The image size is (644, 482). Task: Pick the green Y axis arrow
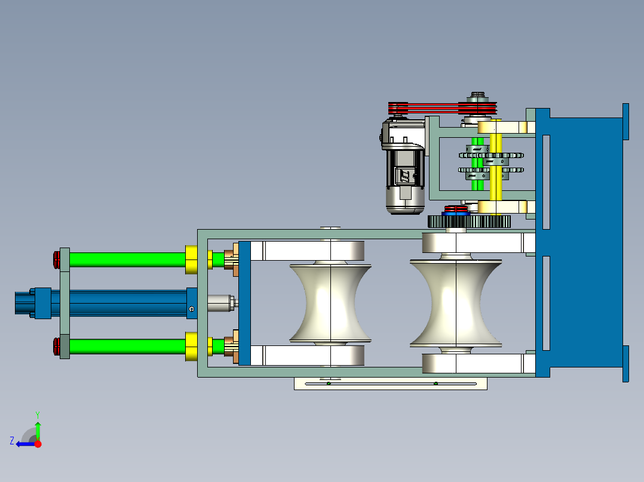(38, 428)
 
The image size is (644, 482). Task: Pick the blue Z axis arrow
(24, 443)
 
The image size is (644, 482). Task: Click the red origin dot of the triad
(38, 444)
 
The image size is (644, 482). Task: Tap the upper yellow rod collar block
(191, 259)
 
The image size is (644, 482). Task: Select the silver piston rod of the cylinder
(220, 303)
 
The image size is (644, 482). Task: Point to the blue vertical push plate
(244, 303)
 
